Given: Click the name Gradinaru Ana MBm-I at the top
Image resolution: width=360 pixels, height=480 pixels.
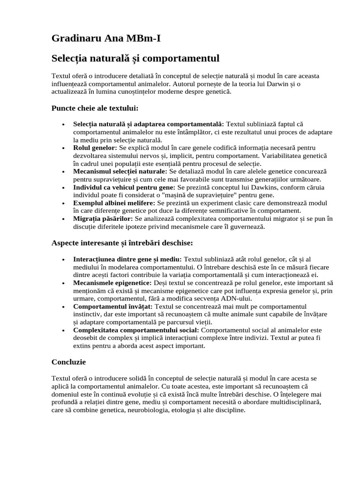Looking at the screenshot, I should pyautogui.click(x=105, y=38).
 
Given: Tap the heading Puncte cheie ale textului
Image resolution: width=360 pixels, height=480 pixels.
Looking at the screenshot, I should pyautogui.click(x=95, y=108).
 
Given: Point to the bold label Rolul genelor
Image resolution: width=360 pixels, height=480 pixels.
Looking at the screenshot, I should pyautogui.click(x=95, y=148).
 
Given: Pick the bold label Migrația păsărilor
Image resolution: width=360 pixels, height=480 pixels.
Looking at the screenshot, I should pyautogui.click(x=103, y=219).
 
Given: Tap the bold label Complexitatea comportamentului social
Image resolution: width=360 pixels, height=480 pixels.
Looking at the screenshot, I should pyautogui.click(x=136, y=330).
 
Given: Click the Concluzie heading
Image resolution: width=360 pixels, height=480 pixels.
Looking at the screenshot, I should pyautogui.click(x=68, y=362).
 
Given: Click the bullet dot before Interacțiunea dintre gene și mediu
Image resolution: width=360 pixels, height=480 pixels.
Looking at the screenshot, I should pyautogui.click(x=63, y=259).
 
